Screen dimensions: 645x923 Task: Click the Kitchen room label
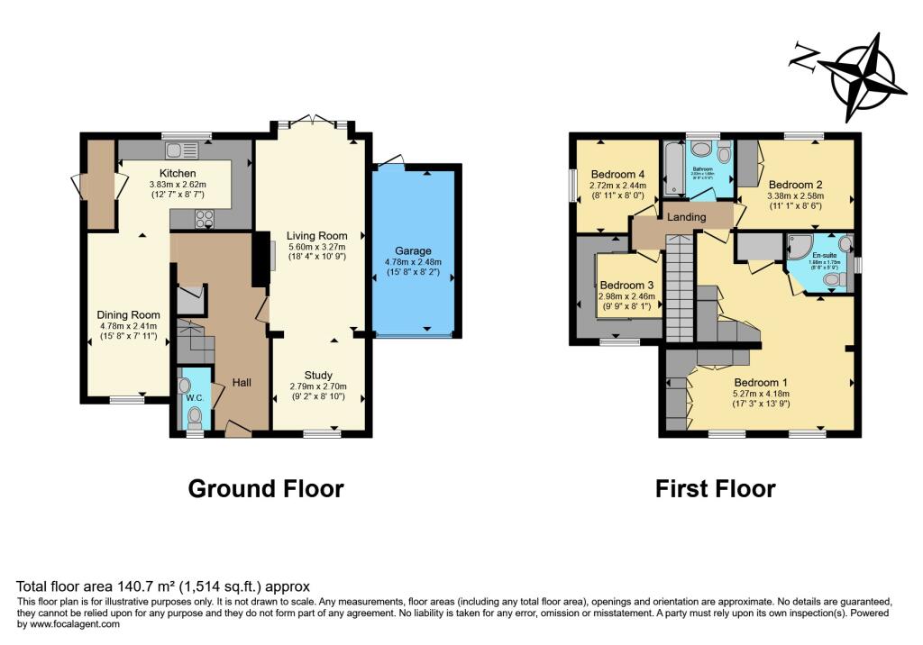(178, 173)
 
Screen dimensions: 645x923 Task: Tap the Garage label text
(412, 250)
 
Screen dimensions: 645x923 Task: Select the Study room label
(317, 375)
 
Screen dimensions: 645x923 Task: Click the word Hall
(242, 383)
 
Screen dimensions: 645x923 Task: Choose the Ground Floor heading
(266, 489)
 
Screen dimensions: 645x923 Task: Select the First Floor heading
(715, 489)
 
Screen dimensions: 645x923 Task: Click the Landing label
(686, 216)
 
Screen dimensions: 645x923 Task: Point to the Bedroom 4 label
(617, 175)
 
